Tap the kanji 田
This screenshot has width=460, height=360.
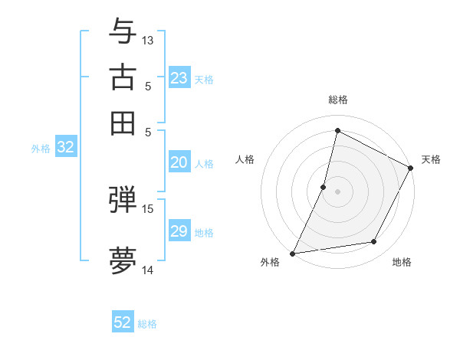123,122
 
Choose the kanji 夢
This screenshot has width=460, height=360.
123,260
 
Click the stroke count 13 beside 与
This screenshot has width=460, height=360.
148,40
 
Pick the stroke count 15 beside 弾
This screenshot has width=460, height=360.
148,208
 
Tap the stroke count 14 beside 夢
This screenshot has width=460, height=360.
148,270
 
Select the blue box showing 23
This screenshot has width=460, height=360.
179,77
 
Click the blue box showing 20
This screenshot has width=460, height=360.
179,162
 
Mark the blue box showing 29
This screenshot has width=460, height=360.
179,231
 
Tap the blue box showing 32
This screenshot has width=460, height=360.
65,148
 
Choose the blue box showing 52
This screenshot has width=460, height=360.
123,322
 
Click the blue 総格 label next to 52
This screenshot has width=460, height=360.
147,324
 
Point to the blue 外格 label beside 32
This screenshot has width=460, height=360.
41,149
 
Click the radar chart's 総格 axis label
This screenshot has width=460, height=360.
338,100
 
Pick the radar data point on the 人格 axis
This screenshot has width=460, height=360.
324,187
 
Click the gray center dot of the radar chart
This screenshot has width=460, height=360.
337,191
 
